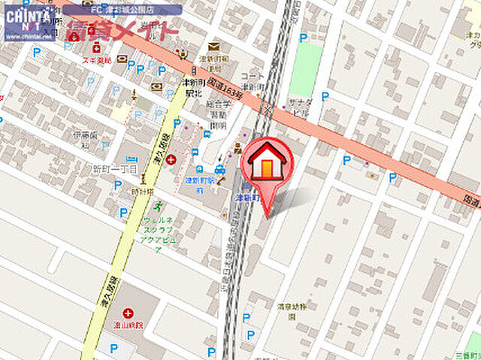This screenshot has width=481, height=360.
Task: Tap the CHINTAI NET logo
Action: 29,22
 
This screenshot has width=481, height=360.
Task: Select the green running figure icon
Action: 158,204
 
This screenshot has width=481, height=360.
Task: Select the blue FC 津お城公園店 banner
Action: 122,10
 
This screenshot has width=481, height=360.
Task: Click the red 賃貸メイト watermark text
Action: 123,31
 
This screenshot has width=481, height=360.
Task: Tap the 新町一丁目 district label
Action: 115,170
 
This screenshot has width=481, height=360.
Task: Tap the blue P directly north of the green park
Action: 303,38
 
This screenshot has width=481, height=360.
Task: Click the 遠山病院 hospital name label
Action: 129,325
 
